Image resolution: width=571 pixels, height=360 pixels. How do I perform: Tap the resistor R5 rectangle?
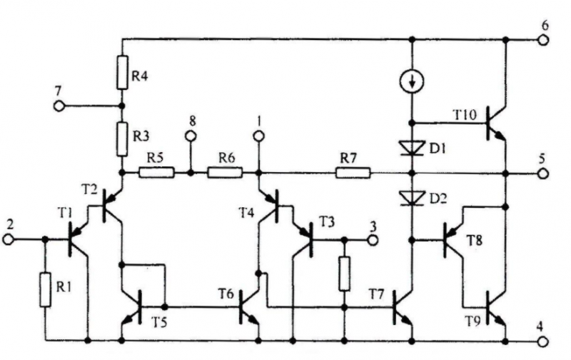point(156,172)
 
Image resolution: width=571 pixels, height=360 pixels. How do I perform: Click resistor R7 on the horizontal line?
point(353,172)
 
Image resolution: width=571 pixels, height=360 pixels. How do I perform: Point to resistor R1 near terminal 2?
point(46,288)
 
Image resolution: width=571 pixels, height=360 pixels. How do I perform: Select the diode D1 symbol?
point(412,148)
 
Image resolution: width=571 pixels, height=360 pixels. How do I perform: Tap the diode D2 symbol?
point(412,196)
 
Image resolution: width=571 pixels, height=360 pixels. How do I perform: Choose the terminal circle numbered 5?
point(542,173)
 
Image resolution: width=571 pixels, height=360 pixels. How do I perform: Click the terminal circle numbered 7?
point(59,106)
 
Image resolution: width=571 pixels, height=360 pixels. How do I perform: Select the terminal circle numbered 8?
point(191,135)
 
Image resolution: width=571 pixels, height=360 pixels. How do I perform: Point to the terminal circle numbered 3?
point(372,239)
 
